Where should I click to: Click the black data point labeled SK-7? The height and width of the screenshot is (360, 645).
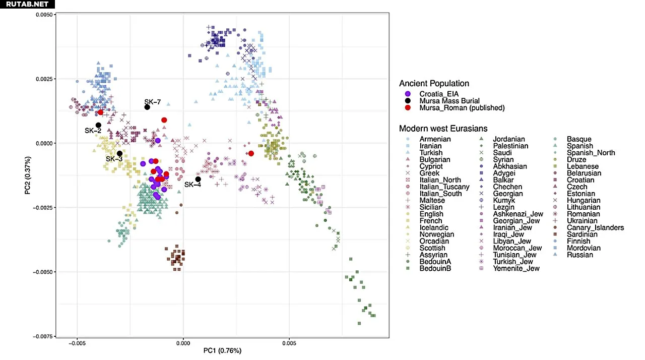[147, 107]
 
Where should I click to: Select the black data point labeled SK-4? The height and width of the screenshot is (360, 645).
[198, 179]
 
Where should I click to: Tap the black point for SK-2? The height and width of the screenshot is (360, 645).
[99, 125]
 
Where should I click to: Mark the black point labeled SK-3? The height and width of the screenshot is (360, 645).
[119, 154]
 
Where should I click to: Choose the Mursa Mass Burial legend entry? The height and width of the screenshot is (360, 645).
[449, 100]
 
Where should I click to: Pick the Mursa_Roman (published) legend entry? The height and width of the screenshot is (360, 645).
[462, 107]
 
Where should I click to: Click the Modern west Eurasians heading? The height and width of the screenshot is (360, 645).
[443, 128]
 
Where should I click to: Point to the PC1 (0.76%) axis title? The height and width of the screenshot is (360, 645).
[222, 350]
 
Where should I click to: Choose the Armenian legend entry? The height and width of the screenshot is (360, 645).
[435, 139]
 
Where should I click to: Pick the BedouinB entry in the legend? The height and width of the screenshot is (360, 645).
[435, 268]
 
